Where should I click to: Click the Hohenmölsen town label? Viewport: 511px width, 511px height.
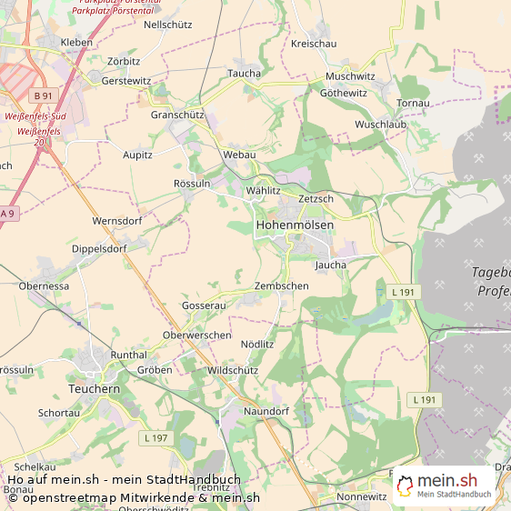pos(295,225)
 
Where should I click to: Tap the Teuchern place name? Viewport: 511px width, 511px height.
pos(94,388)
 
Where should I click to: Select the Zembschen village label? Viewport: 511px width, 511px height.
pos(281,286)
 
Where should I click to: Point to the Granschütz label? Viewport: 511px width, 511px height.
pos(177,115)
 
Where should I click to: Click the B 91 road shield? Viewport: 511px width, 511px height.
pos(43,95)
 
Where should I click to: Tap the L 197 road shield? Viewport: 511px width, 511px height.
pos(155,438)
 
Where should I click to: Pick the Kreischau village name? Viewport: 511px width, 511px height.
pos(314,44)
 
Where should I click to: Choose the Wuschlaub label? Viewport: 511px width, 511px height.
pos(381,124)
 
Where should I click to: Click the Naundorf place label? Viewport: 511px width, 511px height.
pos(266,412)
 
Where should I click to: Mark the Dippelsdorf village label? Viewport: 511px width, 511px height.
pos(99,248)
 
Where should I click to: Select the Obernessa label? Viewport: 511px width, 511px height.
pos(44,286)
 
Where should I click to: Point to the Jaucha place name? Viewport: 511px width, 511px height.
pos(331,265)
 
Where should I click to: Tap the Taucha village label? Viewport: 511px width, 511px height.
pos(244,74)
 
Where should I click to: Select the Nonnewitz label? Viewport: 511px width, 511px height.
pos(361,497)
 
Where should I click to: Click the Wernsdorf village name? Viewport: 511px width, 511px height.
pos(117,221)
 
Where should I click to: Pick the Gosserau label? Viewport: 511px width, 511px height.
pos(204,306)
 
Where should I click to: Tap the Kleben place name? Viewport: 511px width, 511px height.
pos(76,43)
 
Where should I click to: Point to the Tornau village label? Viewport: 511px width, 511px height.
pos(413,103)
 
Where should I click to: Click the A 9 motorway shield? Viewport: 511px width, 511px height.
pos(8,213)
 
